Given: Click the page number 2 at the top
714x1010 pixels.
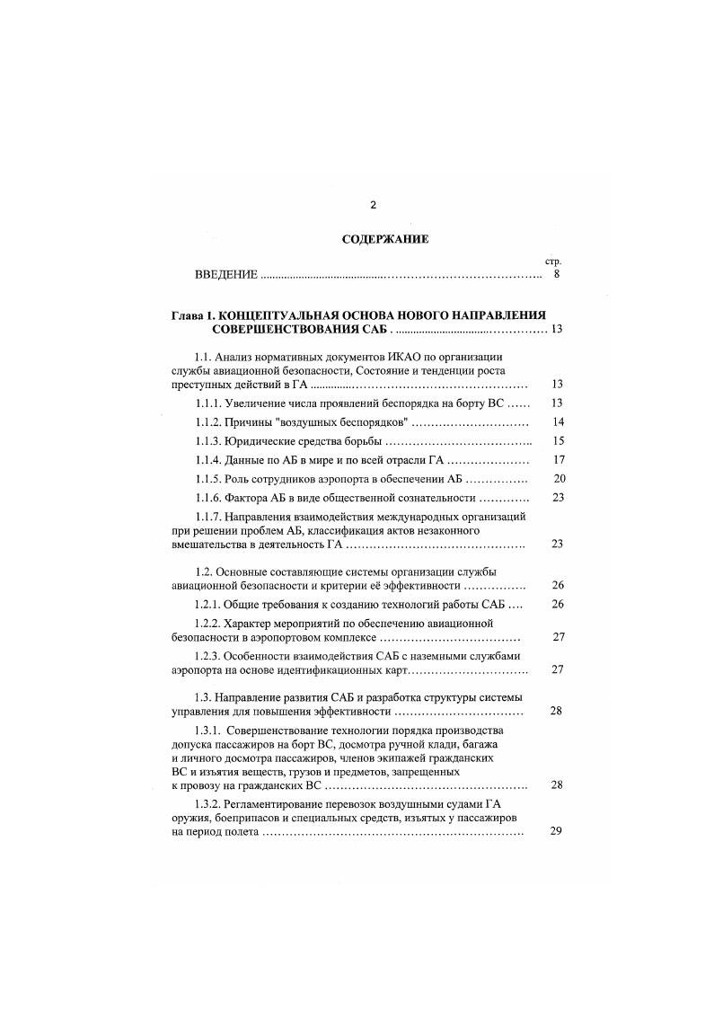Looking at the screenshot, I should (x=373, y=205).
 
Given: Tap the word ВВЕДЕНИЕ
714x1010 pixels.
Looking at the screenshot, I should (x=227, y=275).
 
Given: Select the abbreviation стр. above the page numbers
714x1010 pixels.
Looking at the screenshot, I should (x=553, y=261).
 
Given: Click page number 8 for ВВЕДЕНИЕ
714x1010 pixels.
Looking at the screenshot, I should (x=557, y=275).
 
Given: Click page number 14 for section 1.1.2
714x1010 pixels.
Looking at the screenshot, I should (x=558, y=422).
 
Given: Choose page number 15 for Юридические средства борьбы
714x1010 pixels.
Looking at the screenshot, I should (x=558, y=441).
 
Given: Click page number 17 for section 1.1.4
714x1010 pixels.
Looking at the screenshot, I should (x=558, y=460).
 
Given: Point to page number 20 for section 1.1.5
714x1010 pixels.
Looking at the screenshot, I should (x=559, y=479).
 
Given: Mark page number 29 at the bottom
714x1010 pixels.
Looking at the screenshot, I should (x=556, y=831).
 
